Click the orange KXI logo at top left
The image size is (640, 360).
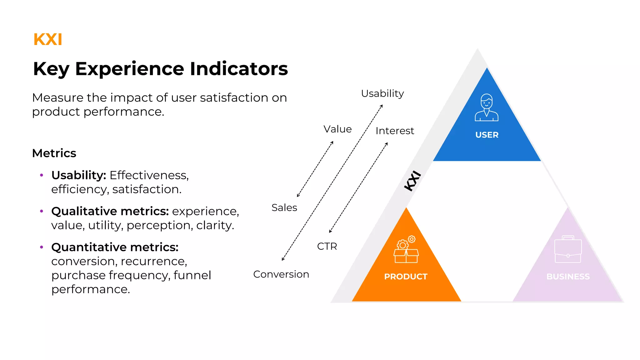[48, 40]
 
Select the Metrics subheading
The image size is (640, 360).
[54, 153]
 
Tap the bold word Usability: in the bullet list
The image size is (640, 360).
[79, 175]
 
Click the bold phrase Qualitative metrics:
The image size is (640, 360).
[110, 211]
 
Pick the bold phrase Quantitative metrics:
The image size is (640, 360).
[115, 247]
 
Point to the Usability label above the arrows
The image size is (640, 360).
[382, 93]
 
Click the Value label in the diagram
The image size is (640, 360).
[337, 129]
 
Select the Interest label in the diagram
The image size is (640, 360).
[395, 131]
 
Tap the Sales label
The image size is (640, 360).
[284, 207]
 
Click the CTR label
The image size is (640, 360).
[327, 246]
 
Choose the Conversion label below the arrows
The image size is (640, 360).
[281, 274]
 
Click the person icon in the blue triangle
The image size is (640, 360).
[487, 107]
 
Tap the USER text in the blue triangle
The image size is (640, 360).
[487, 135]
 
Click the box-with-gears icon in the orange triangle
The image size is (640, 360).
[406, 250]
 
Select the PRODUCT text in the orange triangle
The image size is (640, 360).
[406, 277]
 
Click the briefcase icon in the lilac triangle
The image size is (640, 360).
[568, 249]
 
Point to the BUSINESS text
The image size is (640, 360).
[568, 277]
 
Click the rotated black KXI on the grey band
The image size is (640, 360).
[412, 181]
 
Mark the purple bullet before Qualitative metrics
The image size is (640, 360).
[42, 211]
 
